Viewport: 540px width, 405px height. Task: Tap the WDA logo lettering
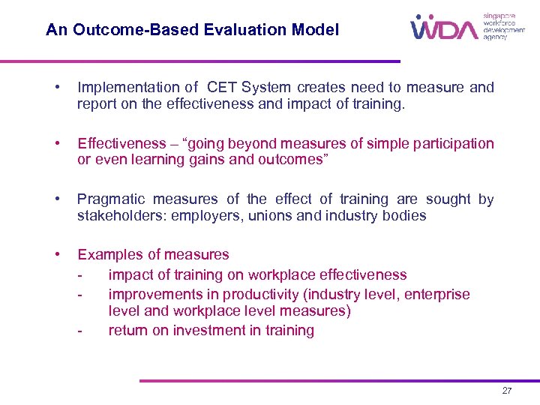coord(444,29)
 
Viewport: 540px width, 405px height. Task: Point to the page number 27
coord(508,391)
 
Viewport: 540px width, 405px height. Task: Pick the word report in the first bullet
coord(97,105)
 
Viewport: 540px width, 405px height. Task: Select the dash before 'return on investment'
coord(79,331)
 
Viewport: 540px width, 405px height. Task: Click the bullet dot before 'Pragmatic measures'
coord(58,199)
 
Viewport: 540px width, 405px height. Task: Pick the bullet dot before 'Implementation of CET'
coord(58,87)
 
